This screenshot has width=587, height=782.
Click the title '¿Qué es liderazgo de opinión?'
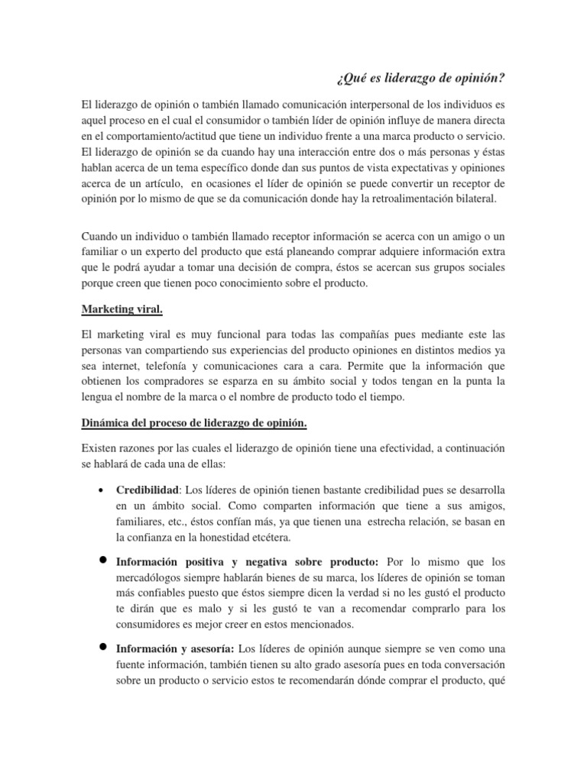click(x=420, y=79)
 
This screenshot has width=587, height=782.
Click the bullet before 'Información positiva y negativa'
click(x=101, y=560)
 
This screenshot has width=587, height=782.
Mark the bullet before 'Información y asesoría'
click(x=101, y=646)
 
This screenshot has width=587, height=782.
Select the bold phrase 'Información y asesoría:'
click(x=170, y=647)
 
